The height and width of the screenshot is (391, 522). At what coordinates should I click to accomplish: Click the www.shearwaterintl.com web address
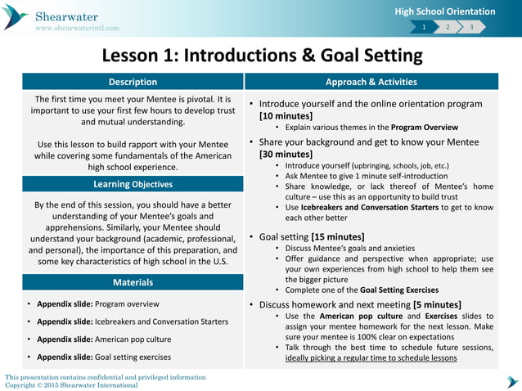(x=76, y=28)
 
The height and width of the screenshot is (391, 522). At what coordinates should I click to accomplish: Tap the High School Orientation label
(x=445, y=11)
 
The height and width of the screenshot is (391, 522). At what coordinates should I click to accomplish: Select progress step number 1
(x=424, y=28)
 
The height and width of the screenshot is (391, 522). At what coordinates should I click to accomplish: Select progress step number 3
(x=471, y=28)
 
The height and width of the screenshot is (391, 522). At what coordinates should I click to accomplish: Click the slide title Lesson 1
(x=262, y=56)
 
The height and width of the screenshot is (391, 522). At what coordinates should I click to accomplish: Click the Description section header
(x=133, y=82)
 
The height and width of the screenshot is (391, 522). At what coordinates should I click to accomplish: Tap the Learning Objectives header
(x=133, y=184)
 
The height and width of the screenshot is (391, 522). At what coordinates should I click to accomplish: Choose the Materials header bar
(x=133, y=282)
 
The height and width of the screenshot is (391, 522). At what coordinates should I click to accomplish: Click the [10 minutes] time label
(x=286, y=116)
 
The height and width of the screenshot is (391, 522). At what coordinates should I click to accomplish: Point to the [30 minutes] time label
(x=286, y=154)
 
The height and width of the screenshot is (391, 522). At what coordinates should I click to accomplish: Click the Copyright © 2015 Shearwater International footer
(x=71, y=384)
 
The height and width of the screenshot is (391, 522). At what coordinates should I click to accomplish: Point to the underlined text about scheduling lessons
(x=371, y=357)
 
